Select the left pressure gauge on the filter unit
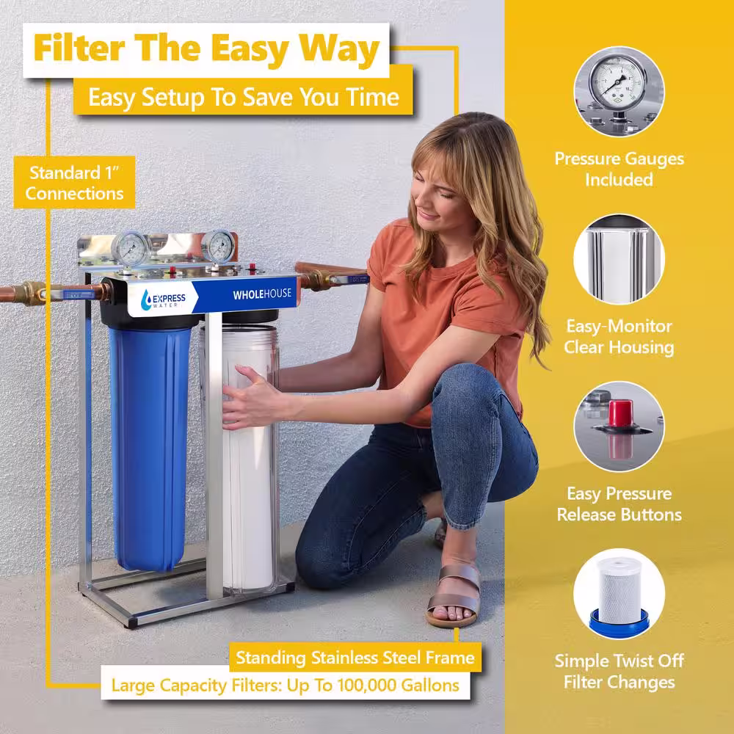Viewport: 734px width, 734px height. point(130,249)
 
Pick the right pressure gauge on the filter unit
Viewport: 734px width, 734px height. point(219,247)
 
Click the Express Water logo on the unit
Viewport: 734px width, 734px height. point(163,299)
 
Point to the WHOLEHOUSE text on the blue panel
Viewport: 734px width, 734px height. point(262,294)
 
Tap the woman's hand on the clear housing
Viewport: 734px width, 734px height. point(250,398)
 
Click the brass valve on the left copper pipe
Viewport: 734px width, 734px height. point(33,294)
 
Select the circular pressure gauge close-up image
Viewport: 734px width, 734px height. point(619,92)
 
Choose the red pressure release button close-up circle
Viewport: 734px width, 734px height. point(619,426)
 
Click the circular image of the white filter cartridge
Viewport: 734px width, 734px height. point(619,594)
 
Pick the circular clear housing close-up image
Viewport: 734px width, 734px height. point(619,259)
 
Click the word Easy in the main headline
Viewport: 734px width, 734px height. point(248,50)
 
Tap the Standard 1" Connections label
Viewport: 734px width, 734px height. point(74,183)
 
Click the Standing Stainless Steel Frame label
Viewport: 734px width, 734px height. point(355,658)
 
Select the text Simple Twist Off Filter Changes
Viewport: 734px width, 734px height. point(619,672)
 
